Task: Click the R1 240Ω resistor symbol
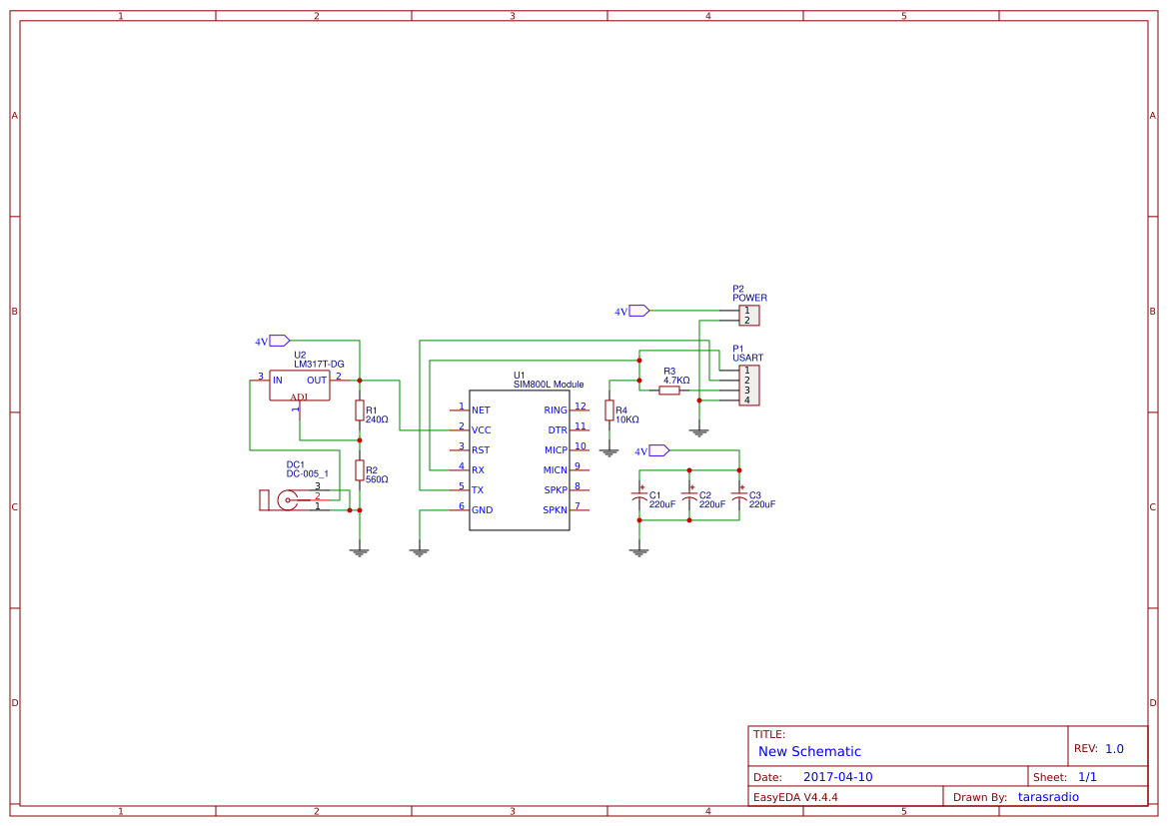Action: [360, 411]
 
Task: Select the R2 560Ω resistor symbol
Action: [360, 470]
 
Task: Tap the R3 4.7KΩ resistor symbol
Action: [669, 391]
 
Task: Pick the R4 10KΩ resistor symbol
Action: [609, 411]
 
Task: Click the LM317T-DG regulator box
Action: [300, 386]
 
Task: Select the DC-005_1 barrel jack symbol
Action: [285, 500]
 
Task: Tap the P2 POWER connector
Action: [748, 316]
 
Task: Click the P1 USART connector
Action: [748, 386]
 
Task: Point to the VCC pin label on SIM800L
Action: [481, 430]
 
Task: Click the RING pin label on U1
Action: [556, 411]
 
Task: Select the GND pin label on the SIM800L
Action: [482, 510]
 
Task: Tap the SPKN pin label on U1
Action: [555, 510]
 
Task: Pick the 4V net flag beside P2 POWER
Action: [637, 311]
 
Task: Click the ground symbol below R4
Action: [609, 451]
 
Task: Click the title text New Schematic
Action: [809, 751]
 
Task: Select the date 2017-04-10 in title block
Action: [837, 777]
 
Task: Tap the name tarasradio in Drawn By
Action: [1048, 797]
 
